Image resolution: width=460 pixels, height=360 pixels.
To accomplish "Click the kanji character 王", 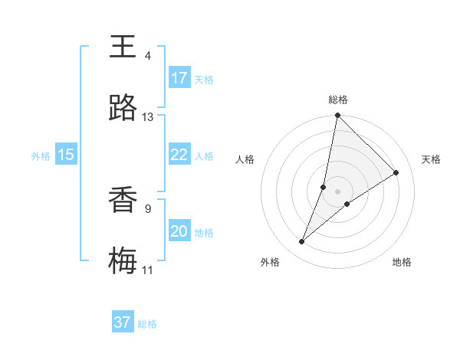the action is [123, 47].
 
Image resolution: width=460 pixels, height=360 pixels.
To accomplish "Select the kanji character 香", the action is [123, 201].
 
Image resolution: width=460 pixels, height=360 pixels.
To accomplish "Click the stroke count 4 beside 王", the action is [147, 55].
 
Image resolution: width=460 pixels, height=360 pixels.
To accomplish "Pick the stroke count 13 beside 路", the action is [147, 117].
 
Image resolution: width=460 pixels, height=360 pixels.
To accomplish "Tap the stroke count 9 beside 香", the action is [147, 208].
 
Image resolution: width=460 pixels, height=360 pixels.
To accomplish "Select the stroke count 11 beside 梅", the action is [147, 270].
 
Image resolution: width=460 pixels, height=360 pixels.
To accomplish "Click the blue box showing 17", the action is [179, 78].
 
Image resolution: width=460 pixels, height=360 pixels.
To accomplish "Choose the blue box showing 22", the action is [179, 155].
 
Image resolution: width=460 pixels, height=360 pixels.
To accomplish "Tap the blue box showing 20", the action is [179, 231].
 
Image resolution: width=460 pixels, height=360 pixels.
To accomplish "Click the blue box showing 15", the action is [66, 155].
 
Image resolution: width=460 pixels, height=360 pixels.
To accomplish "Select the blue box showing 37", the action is [123, 322].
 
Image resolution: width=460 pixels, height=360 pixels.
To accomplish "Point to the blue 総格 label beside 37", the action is [147, 324].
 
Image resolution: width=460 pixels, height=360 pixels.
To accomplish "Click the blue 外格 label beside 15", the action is [41, 156].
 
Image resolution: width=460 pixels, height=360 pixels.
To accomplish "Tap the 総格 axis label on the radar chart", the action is [337, 100].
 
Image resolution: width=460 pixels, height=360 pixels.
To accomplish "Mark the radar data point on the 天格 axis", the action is [396, 173].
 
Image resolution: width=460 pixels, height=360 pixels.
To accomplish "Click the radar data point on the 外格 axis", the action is [302, 242].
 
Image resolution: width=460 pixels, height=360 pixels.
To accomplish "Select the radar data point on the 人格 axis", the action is [324, 186].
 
